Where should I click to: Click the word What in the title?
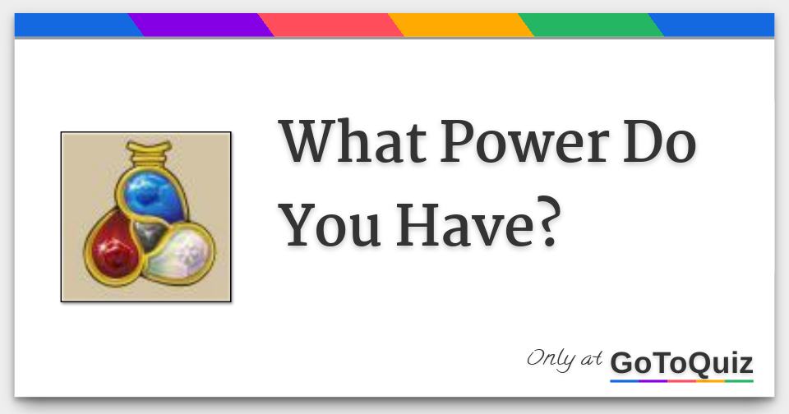[353, 141]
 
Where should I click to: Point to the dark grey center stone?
[149, 233]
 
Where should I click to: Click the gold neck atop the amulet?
[148, 154]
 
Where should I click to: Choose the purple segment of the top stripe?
[201, 25]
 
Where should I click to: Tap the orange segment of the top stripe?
[461, 25]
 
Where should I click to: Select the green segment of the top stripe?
[591, 25]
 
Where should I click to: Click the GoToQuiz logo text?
[681, 363]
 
